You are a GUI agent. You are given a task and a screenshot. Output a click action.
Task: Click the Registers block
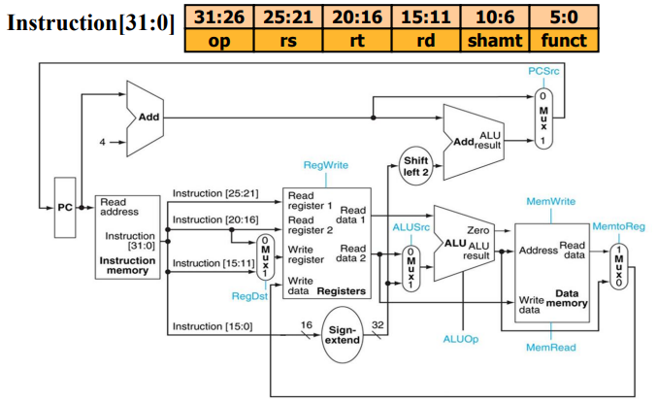tap(327, 243)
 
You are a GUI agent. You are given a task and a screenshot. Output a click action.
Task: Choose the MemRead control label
tap(549, 347)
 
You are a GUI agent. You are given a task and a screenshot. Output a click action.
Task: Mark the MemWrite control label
tap(550, 201)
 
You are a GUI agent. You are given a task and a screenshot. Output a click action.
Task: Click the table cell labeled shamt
tap(493, 41)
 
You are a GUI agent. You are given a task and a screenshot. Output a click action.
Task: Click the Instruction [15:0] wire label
tap(211, 326)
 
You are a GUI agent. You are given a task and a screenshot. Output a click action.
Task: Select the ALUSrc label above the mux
tap(411, 226)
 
